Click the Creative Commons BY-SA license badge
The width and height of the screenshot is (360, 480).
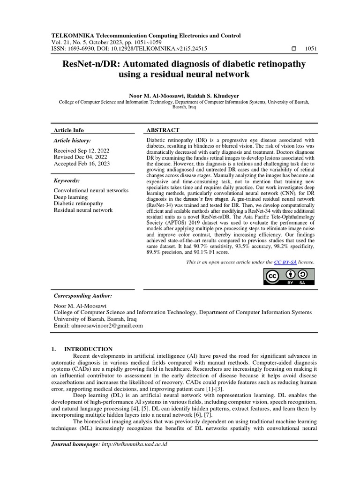288,277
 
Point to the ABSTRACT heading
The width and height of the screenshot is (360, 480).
163,130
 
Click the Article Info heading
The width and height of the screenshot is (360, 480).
68,130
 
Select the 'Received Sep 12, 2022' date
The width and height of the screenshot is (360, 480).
82,150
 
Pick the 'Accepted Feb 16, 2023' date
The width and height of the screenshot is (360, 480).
82,164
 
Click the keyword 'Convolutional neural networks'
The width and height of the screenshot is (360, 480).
91,191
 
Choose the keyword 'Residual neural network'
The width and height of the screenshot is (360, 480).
83,210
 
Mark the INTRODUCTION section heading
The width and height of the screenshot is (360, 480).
88,349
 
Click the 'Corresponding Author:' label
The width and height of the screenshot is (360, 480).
83,296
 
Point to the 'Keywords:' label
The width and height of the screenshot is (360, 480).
67,180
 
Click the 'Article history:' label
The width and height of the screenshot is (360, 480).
73,140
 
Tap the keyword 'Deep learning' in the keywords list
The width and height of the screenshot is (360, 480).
71,197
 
